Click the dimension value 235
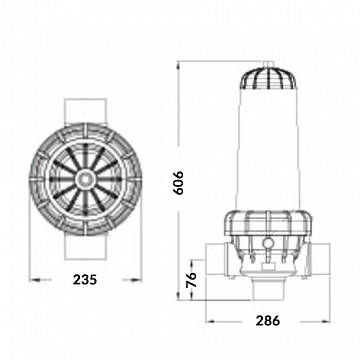(x=85, y=279)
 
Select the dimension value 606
(x=179, y=183)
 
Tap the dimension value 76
(x=191, y=280)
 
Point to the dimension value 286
(x=268, y=321)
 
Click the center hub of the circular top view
(x=86, y=179)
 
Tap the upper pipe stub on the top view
(x=86, y=112)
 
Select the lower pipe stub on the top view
(x=86, y=247)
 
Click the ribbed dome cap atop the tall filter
(x=269, y=79)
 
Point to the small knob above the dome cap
(x=268, y=64)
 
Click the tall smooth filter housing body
(x=268, y=150)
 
